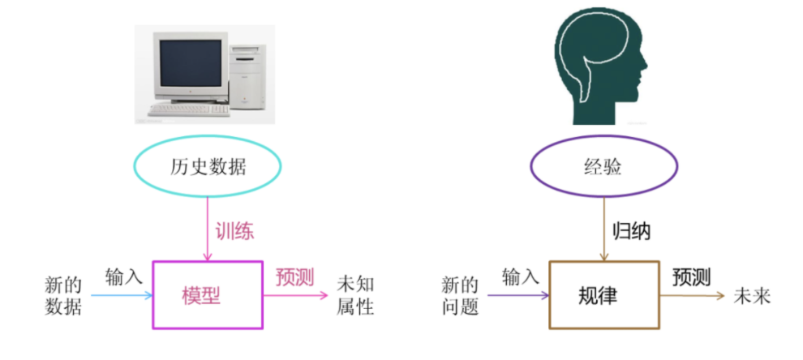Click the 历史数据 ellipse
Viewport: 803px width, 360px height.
[x=208, y=168]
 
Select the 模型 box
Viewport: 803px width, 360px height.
[x=208, y=295]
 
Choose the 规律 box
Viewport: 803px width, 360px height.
[x=603, y=295]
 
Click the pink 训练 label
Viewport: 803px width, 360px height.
[x=234, y=231]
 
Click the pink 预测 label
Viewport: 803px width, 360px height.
[x=294, y=277]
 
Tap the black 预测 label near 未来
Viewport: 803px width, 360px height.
[x=691, y=277]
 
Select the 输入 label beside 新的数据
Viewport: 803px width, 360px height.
[x=124, y=276]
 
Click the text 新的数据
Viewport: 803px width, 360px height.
[x=63, y=296]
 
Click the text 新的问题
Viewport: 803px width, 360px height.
[x=460, y=296]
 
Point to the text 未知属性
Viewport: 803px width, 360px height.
[x=354, y=296]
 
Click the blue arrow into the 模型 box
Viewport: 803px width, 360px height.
[x=122, y=295]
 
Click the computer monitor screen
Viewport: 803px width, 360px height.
[x=189, y=68]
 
